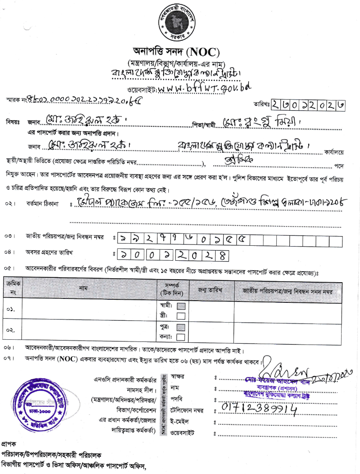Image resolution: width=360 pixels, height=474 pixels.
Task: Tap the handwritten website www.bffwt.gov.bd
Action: [x=203, y=88]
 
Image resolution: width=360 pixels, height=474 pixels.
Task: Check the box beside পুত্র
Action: [x=181, y=327]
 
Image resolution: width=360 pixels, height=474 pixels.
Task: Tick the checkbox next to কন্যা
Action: [x=181, y=337]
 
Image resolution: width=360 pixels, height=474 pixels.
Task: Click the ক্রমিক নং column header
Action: [x=12, y=288]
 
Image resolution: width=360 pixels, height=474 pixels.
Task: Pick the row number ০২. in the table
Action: [x=11, y=331]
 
